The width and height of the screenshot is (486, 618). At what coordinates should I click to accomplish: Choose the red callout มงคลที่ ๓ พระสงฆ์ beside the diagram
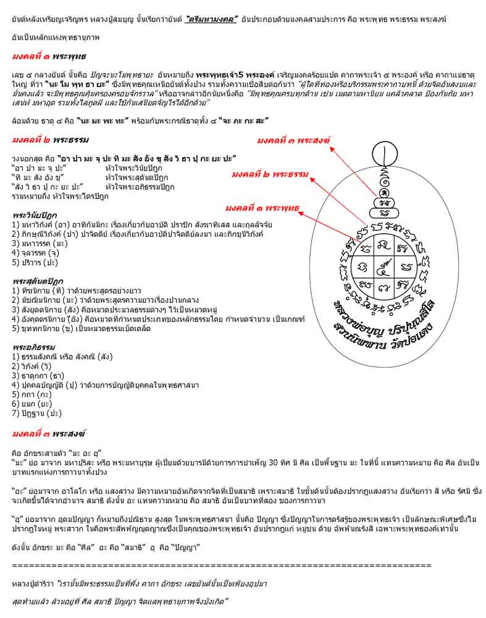pyautogui.click(x=293, y=142)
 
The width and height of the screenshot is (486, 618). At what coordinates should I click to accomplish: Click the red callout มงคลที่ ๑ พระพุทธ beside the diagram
pyautogui.click(x=262, y=206)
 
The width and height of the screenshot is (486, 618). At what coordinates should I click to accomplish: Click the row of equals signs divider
pyautogui.click(x=222, y=565)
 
